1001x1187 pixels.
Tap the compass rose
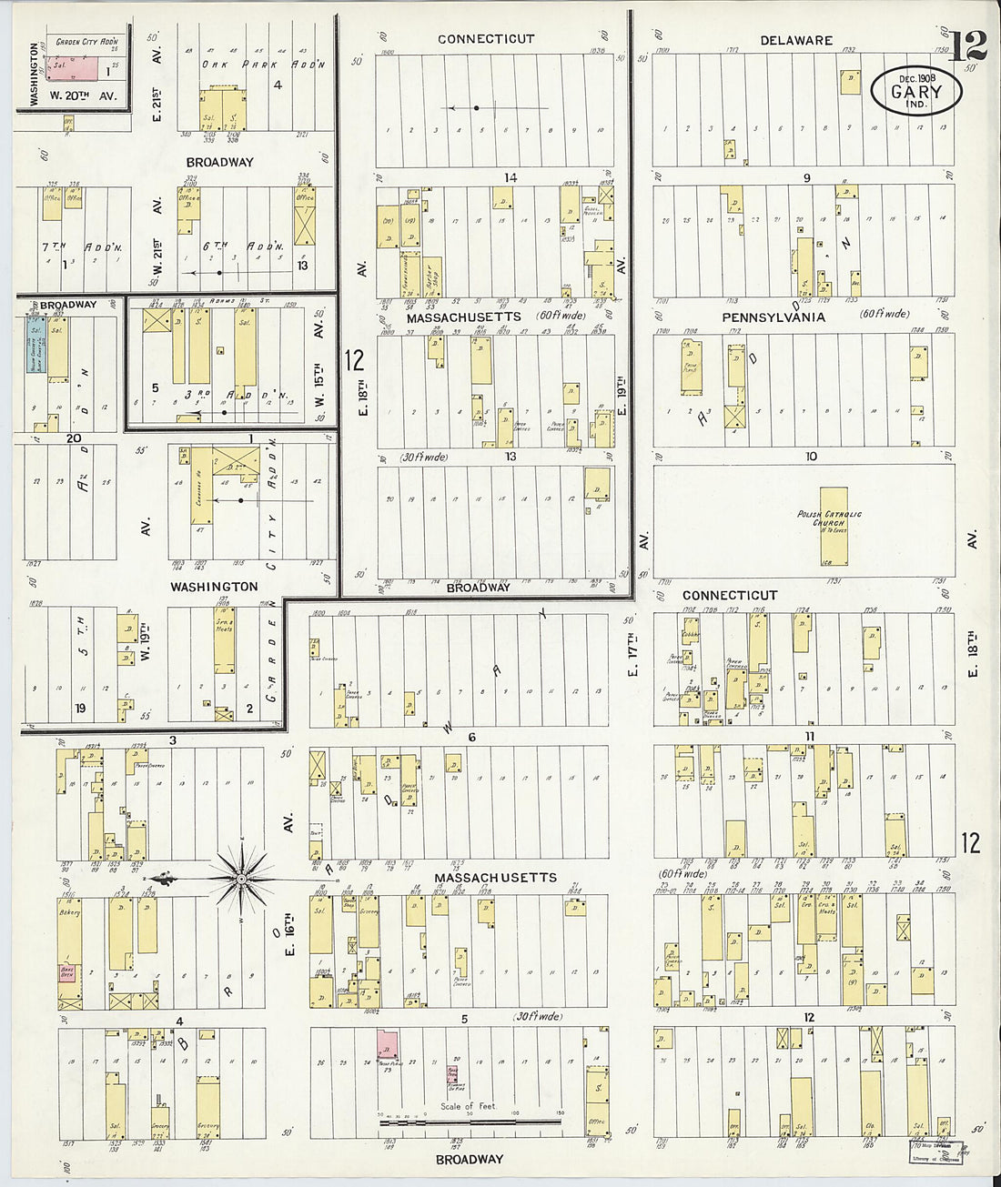[241, 879]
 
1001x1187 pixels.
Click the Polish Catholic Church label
[829, 519]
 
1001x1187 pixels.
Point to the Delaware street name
[796, 40]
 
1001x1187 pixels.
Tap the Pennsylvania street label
[773, 317]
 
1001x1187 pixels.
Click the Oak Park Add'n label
[264, 65]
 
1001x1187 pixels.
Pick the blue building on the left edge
[36, 345]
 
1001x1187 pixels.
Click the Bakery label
[70, 912]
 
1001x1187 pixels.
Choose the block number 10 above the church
[810, 457]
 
